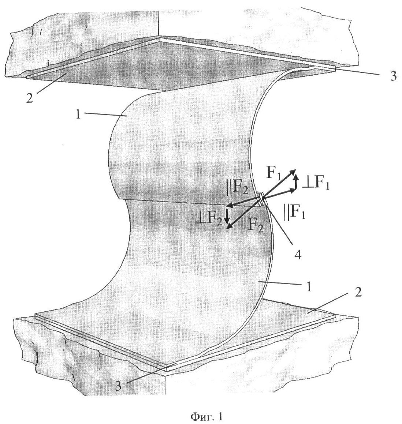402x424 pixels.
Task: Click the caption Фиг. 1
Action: coord(206,416)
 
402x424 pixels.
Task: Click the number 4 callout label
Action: coord(298,255)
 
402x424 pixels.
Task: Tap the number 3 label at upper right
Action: coord(393,76)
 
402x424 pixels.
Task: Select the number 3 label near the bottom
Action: coord(118,386)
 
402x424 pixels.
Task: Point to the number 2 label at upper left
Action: coord(30,98)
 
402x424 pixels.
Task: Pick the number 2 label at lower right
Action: coord(358,292)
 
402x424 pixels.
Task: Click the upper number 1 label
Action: coord(78,115)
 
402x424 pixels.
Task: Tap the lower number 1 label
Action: coord(309,287)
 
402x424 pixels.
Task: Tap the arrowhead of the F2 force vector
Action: coord(229,226)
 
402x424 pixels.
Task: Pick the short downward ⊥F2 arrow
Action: coord(227,215)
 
